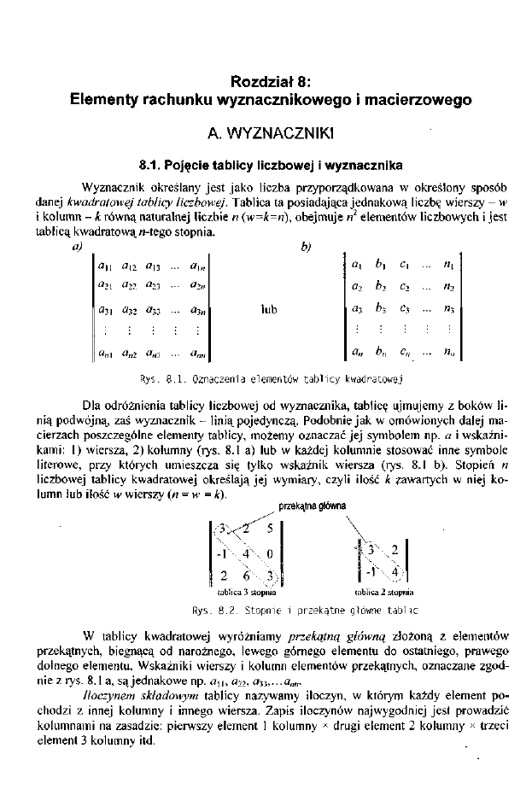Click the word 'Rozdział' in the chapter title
click(257, 83)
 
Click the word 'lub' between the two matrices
click(269, 308)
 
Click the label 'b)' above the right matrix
click(307, 248)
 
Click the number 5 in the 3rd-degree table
click(269, 529)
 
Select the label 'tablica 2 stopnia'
click(383, 591)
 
